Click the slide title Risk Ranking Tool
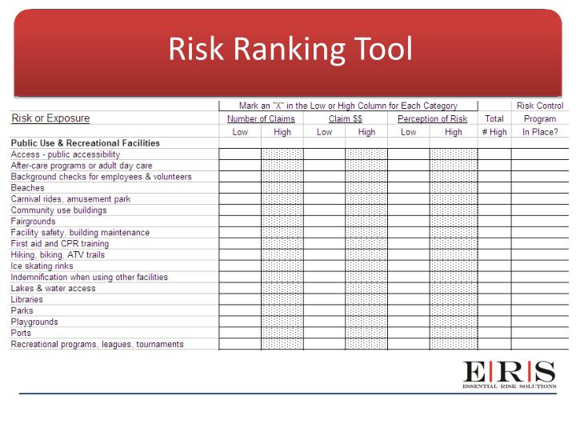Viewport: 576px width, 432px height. coord(290,50)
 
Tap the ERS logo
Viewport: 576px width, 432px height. coord(509,374)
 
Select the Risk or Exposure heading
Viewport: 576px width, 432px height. coord(50,118)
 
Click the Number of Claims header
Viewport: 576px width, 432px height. coord(261,119)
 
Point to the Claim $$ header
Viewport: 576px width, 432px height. coord(346,119)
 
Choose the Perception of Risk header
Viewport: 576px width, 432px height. coord(432,119)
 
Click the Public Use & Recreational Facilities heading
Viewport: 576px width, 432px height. coord(85,143)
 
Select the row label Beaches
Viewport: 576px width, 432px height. coord(27,188)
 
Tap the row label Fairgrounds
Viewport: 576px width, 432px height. coord(33,222)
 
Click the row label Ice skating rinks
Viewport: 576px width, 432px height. coord(42,266)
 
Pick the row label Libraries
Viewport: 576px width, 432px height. coord(27,300)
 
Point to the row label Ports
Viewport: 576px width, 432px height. coord(21,334)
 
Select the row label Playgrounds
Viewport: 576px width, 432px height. coord(34,322)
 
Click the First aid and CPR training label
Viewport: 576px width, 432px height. coord(59,244)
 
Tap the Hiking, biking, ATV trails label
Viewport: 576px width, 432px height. coord(58,255)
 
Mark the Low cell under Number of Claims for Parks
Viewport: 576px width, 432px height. coord(239,311)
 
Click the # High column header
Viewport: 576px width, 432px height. coord(494,132)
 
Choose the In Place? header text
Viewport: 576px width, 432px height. coord(540,132)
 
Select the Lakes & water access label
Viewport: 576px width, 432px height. coord(53,289)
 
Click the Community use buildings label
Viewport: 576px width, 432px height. coord(58,210)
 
